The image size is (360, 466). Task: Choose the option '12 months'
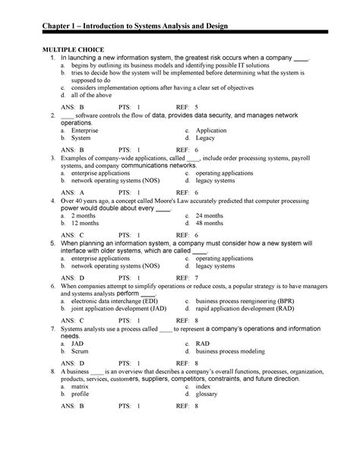(x=87, y=224)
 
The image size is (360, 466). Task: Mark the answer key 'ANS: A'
(x=73, y=192)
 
